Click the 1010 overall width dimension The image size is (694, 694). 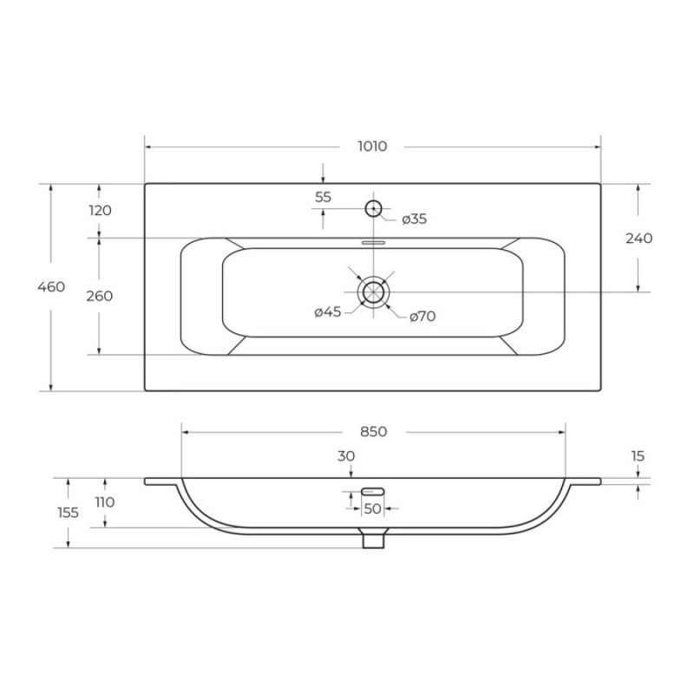pos(372,146)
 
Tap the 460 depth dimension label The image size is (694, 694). pos(51,287)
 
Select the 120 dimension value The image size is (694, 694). pos(100,210)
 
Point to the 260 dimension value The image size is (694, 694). pos(100,296)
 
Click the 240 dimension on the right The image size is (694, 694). pos(638,239)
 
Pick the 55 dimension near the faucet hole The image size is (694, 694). pos(323,197)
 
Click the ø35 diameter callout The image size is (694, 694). pos(415,219)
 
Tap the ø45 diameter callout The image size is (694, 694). pos(328,312)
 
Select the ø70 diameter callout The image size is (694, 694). pos(422,316)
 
